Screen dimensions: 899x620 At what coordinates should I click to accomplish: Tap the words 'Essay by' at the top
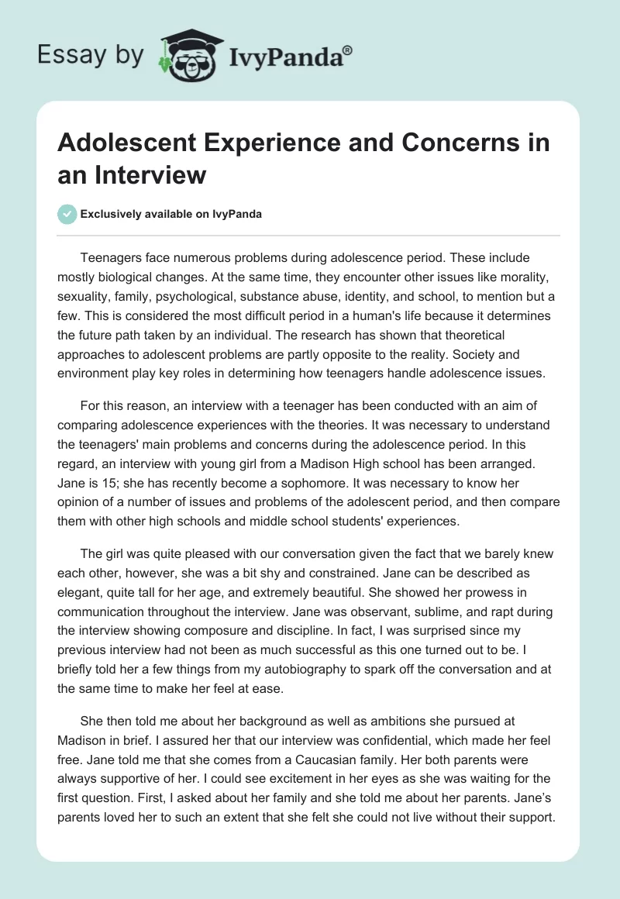pyautogui.click(x=91, y=53)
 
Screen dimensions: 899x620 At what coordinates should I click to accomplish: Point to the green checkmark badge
pyautogui.click(x=68, y=214)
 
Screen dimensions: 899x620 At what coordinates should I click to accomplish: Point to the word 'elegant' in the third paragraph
pyautogui.click(x=81, y=573)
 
